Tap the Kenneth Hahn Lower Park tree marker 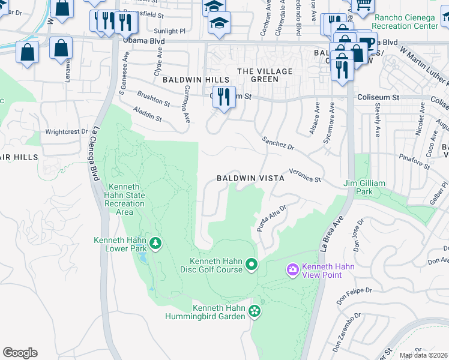tap(155, 243)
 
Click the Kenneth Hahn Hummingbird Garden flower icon tap(255, 311)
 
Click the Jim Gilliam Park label tap(366, 187)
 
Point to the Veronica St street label tap(305, 175)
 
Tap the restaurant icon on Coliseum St tap(224, 97)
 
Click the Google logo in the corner tap(20, 353)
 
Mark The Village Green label tap(258, 75)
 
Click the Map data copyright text tap(423, 355)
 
